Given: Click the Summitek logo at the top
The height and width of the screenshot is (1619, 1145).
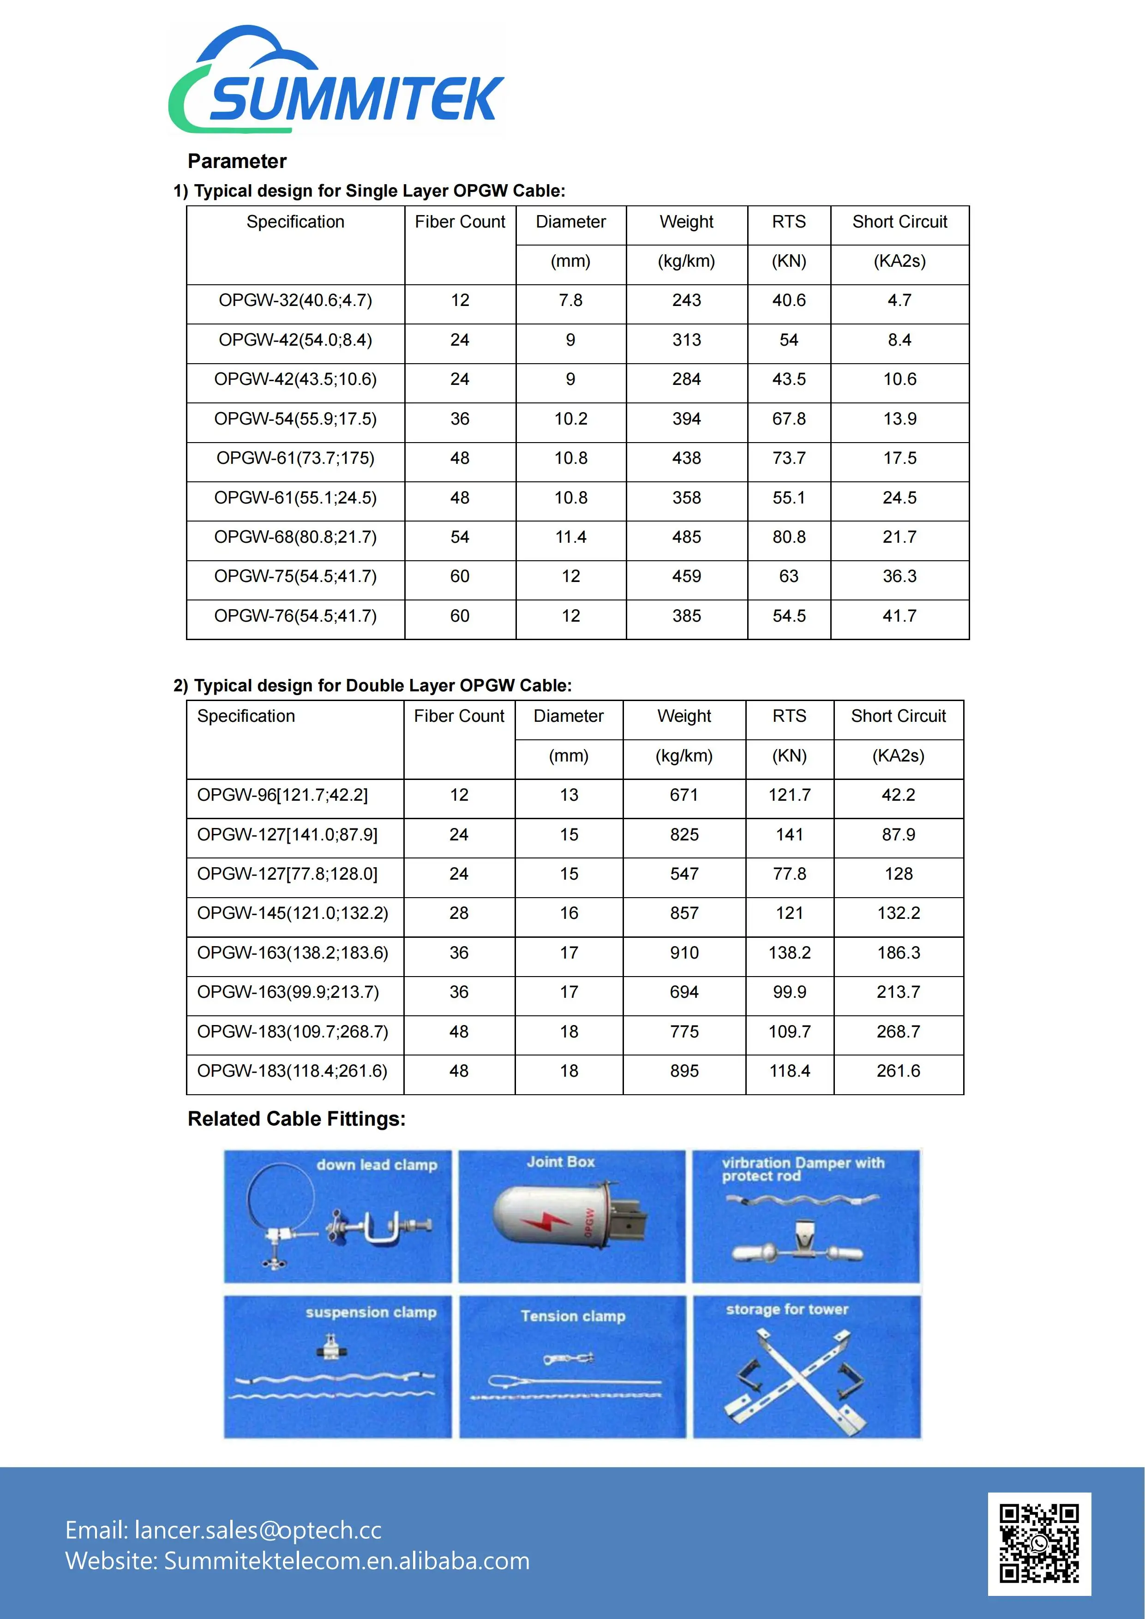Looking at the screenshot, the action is pyautogui.click(x=336, y=81).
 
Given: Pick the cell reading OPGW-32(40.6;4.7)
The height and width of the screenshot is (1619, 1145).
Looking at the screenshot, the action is pyautogui.click(x=295, y=300).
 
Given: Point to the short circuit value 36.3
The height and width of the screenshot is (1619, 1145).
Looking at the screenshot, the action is pyautogui.click(x=899, y=576).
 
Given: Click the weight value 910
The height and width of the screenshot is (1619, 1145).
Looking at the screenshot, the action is pyautogui.click(x=684, y=953).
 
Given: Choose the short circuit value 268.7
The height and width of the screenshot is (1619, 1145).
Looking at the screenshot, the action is pyautogui.click(x=898, y=1031).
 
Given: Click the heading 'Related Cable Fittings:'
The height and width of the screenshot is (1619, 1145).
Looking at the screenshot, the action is pyautogui.click(x=296, y=1119).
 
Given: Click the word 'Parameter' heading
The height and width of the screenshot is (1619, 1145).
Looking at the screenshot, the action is pyautogui.click(x=237, y=162).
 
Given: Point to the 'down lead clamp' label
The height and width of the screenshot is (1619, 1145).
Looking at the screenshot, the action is pyautogui.click(x=377, y=1165).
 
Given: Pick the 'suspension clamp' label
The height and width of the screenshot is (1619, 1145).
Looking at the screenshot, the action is pyautogui.click(x=371, y=1312).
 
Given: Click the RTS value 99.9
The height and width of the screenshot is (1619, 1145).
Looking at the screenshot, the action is pyautogui.click(x=789, y=992).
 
